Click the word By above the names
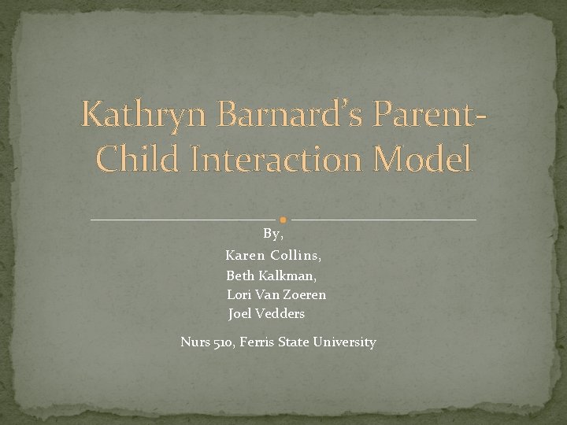(x=272, y=234)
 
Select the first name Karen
(x=244, y=255)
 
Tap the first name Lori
(x=239, y=294)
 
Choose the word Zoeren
(x=303, y=294)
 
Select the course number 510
(x=224, y=342)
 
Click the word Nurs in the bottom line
(x=195, y=342)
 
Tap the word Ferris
(x=258, y=342)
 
